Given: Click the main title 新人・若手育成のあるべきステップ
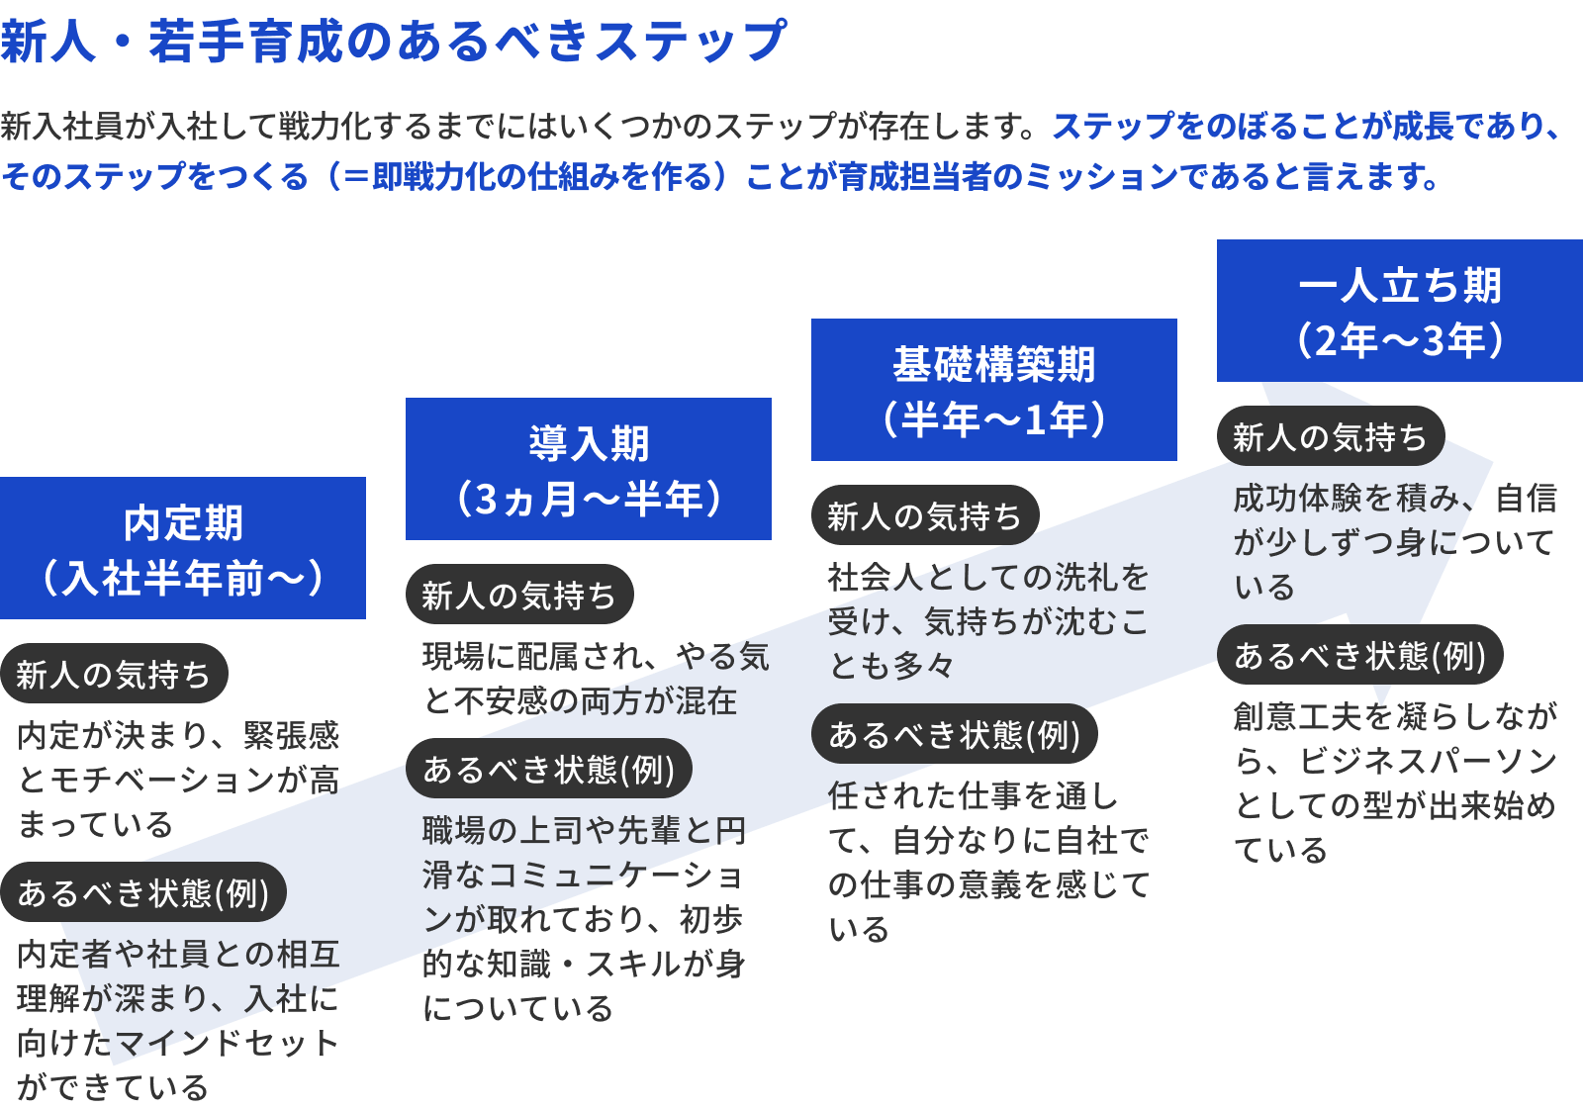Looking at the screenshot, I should pos(393,42).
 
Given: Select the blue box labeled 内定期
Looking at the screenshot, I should pos(183,548).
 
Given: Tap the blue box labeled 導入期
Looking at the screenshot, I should pos(589,469).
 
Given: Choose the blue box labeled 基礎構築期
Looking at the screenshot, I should pos(994,390).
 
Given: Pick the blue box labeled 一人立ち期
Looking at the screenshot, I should pos(1399,311).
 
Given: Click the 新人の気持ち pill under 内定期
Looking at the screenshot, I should pos(114,674).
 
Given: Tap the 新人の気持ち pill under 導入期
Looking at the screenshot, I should pos(519,595).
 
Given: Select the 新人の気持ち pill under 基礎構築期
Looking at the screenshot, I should pos(925,515).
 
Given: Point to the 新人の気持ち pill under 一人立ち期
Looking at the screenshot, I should pos(1330,436).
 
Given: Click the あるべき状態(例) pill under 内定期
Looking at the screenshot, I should pos(143,892).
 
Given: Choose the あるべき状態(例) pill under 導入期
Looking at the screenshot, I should pos(549,769).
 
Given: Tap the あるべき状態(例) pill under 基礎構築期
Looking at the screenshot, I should pos(955,734).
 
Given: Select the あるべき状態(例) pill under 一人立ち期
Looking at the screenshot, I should pos(1359,655).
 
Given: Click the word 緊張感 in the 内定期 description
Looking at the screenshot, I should pos(292,735).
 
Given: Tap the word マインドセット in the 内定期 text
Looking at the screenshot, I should pos(228,1043).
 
